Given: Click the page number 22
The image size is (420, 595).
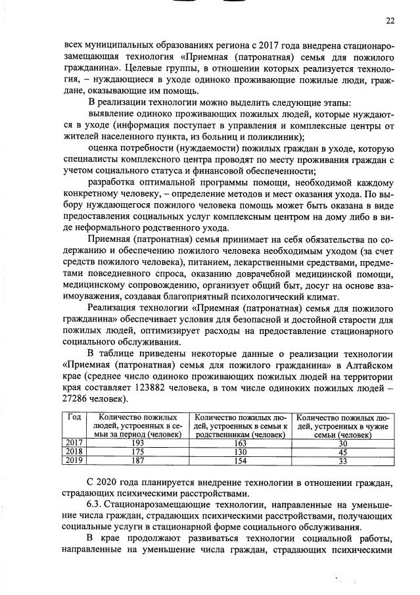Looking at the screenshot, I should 390,20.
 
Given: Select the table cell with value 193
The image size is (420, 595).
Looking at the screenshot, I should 137,443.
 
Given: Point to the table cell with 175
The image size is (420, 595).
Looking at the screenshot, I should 137,452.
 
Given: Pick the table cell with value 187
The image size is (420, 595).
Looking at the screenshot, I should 137,462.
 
